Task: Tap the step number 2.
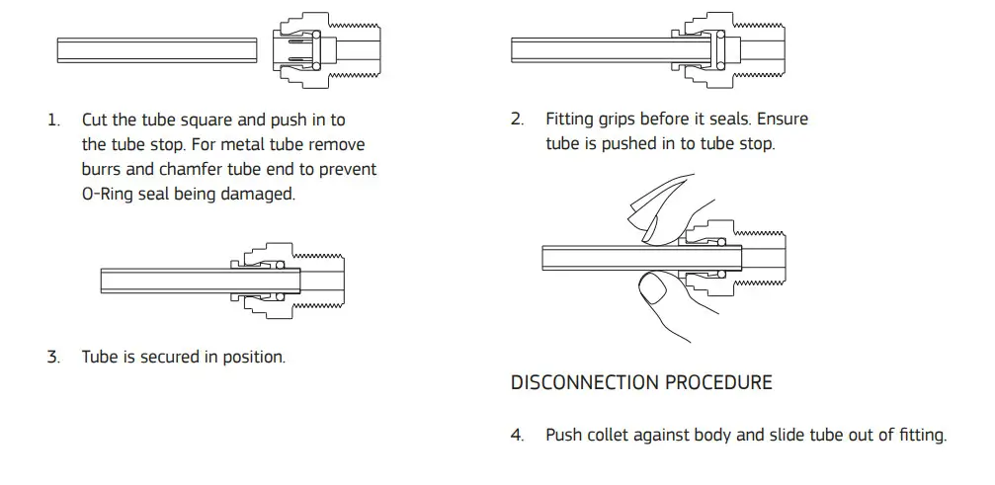[517, 120]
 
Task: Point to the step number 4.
[517, 435]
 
